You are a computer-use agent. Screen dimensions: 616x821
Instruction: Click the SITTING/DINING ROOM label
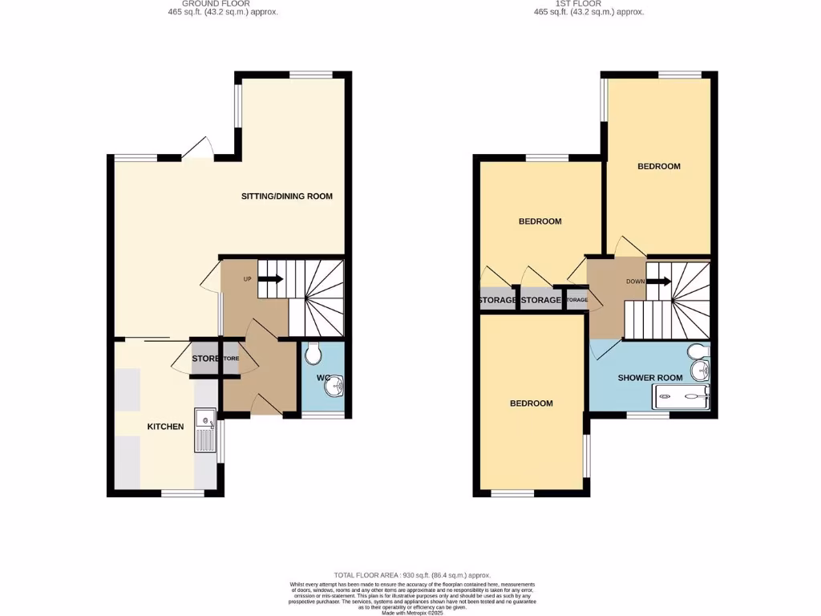point(287,197)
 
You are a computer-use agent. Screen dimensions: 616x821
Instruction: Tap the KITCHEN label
point(165,427)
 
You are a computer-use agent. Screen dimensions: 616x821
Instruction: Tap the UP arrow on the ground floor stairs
point(270,279)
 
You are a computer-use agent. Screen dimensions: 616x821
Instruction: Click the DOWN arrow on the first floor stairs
point(659,282)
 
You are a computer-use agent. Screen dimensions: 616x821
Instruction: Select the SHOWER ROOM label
point(650,378)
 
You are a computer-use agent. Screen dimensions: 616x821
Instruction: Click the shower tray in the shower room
point(682,394)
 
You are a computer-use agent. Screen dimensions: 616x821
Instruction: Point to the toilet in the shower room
point(698,351)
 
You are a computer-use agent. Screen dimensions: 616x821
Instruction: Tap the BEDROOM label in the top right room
point(659,167)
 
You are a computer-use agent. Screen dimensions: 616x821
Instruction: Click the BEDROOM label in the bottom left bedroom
point(532,403)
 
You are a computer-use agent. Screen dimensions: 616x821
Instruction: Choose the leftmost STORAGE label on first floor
point(497,300)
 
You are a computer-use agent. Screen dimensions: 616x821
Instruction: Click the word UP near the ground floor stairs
point(248,279)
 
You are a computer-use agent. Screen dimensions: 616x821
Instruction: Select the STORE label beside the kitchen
point(205,359)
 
